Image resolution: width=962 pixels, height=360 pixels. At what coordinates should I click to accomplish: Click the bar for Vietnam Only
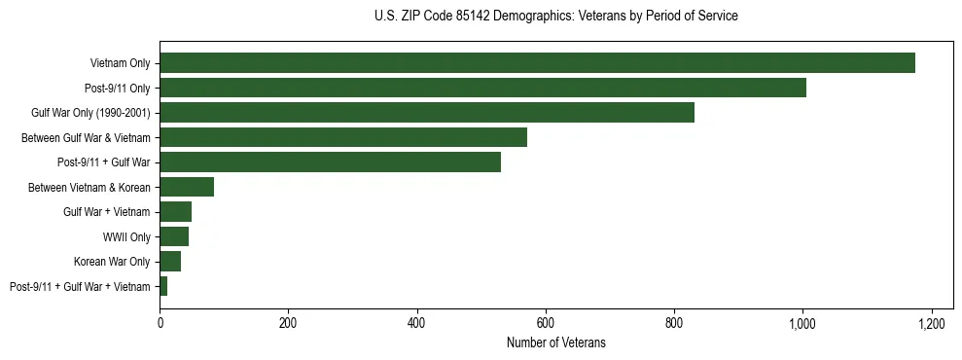[537, 63]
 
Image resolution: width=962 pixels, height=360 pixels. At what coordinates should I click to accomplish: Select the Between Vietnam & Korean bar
[187, 187]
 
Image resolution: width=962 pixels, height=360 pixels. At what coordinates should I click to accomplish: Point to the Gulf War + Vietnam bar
[175, 212]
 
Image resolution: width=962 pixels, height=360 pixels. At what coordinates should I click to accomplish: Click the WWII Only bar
[174, 236]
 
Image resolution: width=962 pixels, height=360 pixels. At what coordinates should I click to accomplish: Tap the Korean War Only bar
[170, 262]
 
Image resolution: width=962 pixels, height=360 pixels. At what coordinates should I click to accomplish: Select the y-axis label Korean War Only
[112, 262]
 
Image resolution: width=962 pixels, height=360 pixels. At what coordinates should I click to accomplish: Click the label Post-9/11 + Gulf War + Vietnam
[80, 286]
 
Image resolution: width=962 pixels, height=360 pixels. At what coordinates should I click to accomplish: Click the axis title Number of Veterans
[555, 342]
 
